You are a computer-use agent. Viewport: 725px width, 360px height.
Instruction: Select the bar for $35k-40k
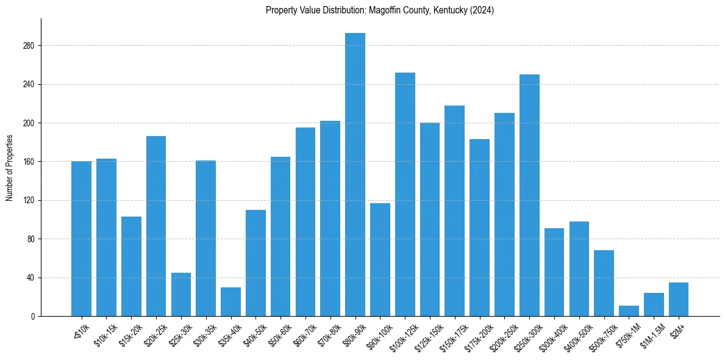pos(230,302)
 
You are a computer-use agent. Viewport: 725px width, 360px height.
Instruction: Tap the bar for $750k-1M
pos(629,311)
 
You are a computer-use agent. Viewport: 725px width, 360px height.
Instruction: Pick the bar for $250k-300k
pos(529,195)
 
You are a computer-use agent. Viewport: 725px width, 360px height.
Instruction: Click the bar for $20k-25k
pos(156,226)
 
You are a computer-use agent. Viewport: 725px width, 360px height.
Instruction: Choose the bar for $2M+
pos(679,300)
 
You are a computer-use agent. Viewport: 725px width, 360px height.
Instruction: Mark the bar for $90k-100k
pos(380,259)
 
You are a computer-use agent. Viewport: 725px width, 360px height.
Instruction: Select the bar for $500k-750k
pos(604,283)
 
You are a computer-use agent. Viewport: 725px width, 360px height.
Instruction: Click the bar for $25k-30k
pos(181,294)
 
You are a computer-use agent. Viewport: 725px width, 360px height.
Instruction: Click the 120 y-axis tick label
pos(29,200)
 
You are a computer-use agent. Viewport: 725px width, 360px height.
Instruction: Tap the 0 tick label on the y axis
pos(33,316)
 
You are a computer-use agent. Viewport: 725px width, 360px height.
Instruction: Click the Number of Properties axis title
pos(10,168)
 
